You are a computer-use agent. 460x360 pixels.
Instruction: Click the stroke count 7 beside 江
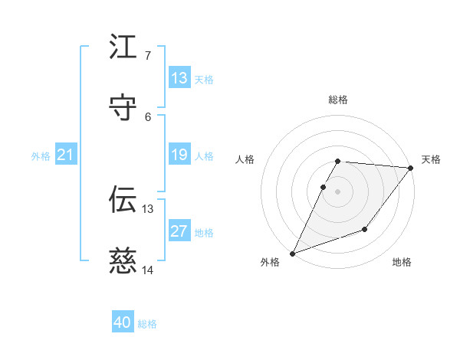pos(147,56)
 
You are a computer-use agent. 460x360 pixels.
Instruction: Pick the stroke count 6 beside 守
pos(147,117)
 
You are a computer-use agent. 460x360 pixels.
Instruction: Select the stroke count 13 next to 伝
pos(148,208)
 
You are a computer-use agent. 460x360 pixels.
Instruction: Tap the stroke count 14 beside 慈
pos(148,270)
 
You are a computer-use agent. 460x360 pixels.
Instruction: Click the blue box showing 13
pos(179,78)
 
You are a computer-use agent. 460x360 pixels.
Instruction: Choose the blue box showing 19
pos(179,155)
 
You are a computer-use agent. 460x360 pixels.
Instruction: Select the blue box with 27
pos(179,231)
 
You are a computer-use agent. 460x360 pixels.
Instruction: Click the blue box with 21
pos(66,155)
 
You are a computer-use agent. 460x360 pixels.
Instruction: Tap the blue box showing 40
pos(123,323)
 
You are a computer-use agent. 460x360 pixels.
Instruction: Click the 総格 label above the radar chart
pos(338,100)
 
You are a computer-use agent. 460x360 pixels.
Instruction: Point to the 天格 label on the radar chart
pos(431,159)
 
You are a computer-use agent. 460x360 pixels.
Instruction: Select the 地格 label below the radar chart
pos(402,263)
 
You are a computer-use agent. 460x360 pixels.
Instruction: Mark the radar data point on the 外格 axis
pos(292,254)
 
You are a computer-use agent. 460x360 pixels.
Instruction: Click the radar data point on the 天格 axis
pos(411,168)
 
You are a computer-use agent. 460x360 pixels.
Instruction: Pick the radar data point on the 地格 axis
pos(365,229)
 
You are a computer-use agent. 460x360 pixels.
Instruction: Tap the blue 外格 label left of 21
pos(41,156)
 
